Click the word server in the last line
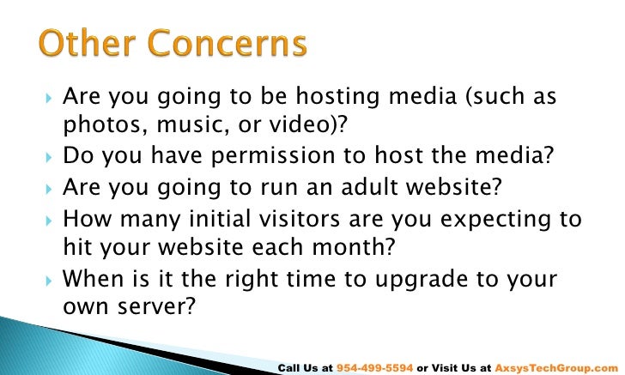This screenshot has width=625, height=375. pos(151,305)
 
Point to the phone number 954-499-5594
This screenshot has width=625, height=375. pos(374,367)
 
